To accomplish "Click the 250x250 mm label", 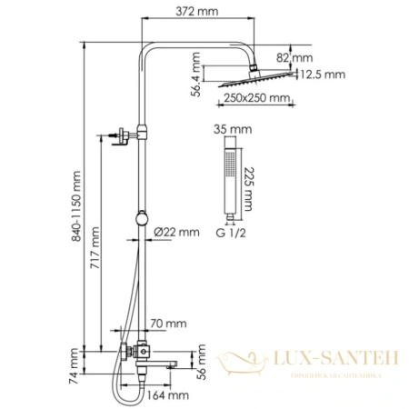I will click(259, 98).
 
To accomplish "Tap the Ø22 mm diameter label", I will click(175, 233).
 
